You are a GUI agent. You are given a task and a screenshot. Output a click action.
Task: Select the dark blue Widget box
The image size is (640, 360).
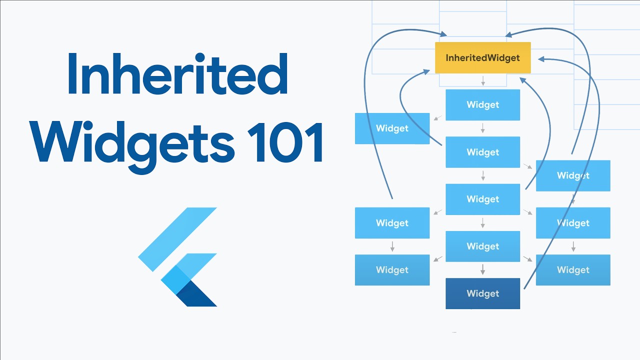(x=482, y=293)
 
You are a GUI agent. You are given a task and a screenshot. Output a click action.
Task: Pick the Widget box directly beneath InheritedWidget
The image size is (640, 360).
(x=482, y=105)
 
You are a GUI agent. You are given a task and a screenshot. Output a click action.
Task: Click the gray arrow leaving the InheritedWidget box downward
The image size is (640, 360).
(x=483, y=81)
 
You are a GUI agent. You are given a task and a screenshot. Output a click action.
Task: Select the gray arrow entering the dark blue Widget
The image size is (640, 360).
(x=483, y=270)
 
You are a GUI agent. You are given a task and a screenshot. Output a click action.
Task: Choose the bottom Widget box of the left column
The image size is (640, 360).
(x=392, y=270)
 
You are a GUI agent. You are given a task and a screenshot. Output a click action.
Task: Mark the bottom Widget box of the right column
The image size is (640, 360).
(x=573, y=270)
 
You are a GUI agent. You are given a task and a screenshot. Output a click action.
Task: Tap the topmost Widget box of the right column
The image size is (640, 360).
(x=573, y=175)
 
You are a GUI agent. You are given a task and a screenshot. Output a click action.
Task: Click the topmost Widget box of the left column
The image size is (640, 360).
(x=392, y=128)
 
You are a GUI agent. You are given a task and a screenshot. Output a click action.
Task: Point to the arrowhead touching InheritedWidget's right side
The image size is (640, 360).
(x=542, y=59)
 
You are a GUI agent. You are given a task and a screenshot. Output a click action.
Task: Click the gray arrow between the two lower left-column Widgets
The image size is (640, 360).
(x=392, y=246)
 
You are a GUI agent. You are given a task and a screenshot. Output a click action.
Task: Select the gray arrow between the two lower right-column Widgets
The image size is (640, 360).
(x=573, y=246)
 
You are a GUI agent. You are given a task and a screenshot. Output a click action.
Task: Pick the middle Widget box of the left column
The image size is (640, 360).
(x=392, y=223)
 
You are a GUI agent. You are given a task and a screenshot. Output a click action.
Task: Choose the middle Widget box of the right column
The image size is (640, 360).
(x=573, y=223)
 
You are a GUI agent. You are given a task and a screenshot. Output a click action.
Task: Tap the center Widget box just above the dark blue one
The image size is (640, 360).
(x=482, y=246)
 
